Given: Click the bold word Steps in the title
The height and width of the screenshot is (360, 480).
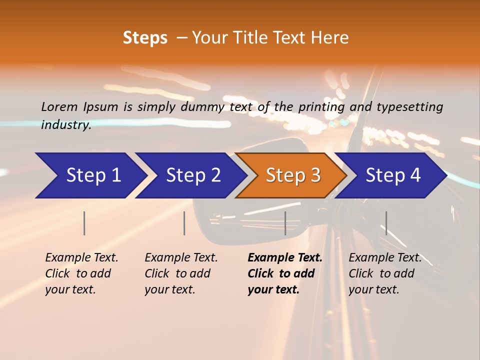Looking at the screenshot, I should coord(145,38).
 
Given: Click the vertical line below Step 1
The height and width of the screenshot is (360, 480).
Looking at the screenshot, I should coord(84,223).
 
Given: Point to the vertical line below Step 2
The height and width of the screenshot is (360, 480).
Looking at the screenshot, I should coord(184,223).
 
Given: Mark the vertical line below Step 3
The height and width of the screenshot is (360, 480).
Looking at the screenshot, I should coord(285,223).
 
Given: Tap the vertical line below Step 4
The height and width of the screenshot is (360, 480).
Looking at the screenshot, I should coord(386,223).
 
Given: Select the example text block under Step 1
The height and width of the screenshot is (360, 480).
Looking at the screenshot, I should coord(81,273).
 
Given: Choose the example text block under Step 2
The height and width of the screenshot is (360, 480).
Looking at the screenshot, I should coord(181,273).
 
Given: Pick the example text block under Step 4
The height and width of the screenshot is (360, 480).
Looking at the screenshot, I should coord(385,273).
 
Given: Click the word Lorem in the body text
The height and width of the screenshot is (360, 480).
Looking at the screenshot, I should coord(59,107).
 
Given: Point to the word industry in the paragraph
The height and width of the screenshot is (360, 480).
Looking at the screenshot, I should coord(66,125).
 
